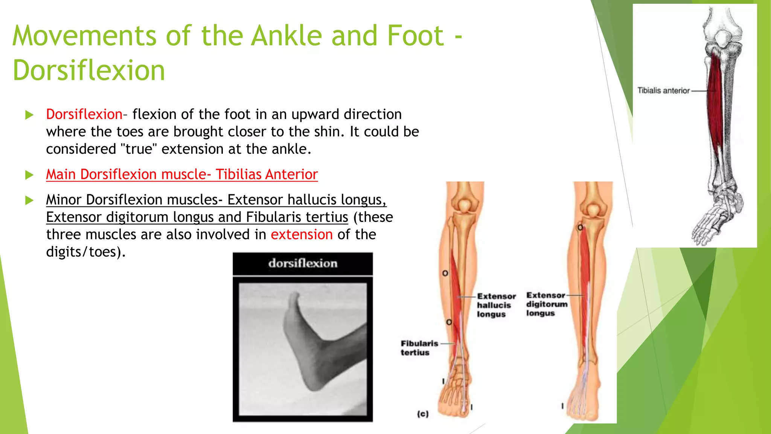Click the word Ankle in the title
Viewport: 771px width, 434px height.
click(x=286, y=36)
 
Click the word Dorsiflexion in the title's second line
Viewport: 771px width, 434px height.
click(x=89, y=71)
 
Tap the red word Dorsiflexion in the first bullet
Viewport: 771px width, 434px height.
click(x=84, y=114)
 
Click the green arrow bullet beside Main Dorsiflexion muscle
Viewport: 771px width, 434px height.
click(x=29, y=175)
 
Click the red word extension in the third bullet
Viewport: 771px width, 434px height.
click(x=302, y=235)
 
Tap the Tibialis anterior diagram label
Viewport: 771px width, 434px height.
click(x=663, y=91)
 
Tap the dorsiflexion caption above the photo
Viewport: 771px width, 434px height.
click(x=303, y=263)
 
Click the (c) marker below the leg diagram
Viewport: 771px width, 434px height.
click(x=423, y=414)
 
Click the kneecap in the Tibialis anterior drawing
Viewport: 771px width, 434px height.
click(x=722, y=38)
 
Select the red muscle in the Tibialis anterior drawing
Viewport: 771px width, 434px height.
click(x=715, y=98)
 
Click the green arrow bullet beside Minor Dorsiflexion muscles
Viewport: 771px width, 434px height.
click(x=29, y=200)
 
